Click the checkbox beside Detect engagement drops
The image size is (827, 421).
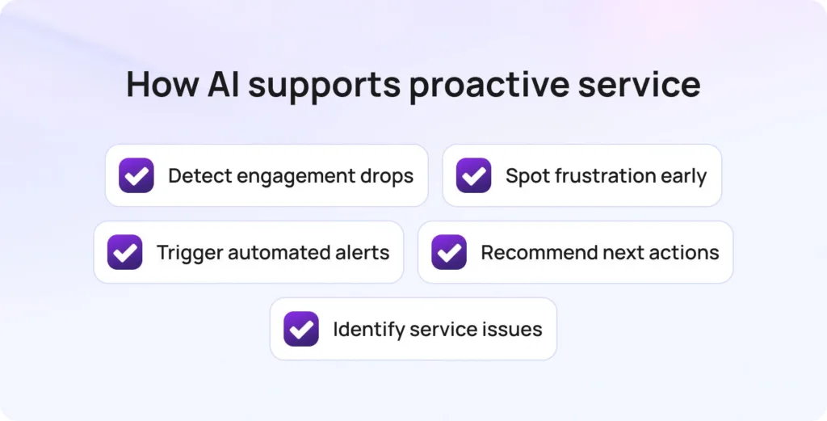pos(136,175)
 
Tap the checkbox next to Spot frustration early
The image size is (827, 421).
pos(473,175)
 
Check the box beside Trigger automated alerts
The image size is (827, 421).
pos(125,252)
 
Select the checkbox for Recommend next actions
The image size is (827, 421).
pos(449,252)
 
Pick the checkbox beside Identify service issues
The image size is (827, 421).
pos(301,329)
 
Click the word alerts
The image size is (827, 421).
pos(363,252)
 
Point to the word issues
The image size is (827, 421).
pos(514,329)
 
